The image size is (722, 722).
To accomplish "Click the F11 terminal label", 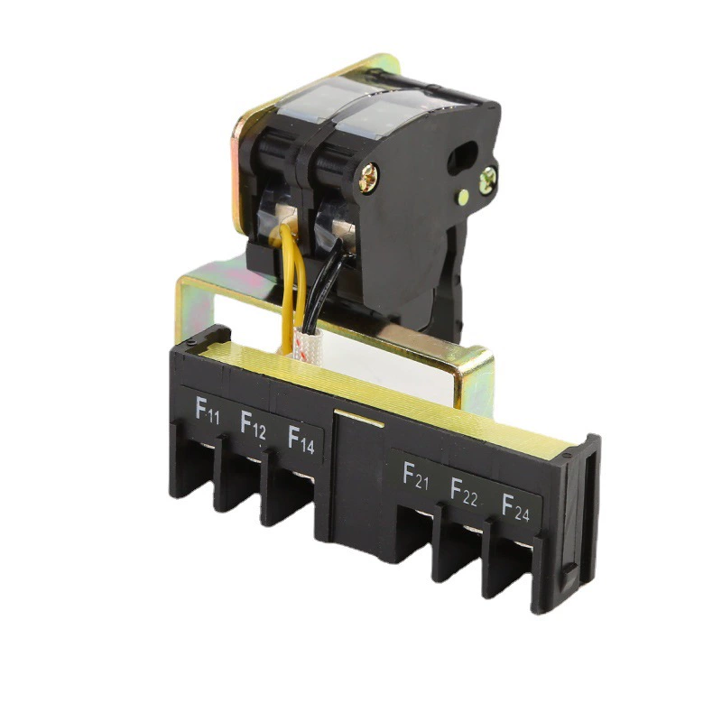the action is (208, 411).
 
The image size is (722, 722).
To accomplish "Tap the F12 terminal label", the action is (254, 424).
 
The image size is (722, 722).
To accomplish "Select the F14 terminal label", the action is (301, 440).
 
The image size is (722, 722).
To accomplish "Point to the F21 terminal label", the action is (416, 476).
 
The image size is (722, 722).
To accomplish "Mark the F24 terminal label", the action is (515, 507).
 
